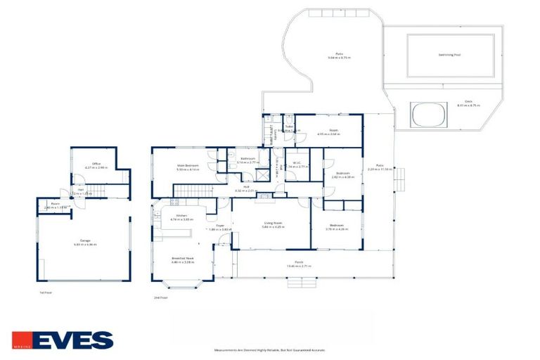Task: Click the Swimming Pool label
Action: coord(443,54)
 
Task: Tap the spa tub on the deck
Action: coord(429,114)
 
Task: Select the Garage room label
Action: coord(84,241)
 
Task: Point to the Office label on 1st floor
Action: coord(86,165)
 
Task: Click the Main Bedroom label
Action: coord(188,166)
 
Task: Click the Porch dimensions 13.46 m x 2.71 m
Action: coord(299,267)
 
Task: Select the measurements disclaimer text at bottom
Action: coord(269,349)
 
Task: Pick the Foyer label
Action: coord(219,226)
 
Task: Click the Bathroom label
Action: coord(247,158)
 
